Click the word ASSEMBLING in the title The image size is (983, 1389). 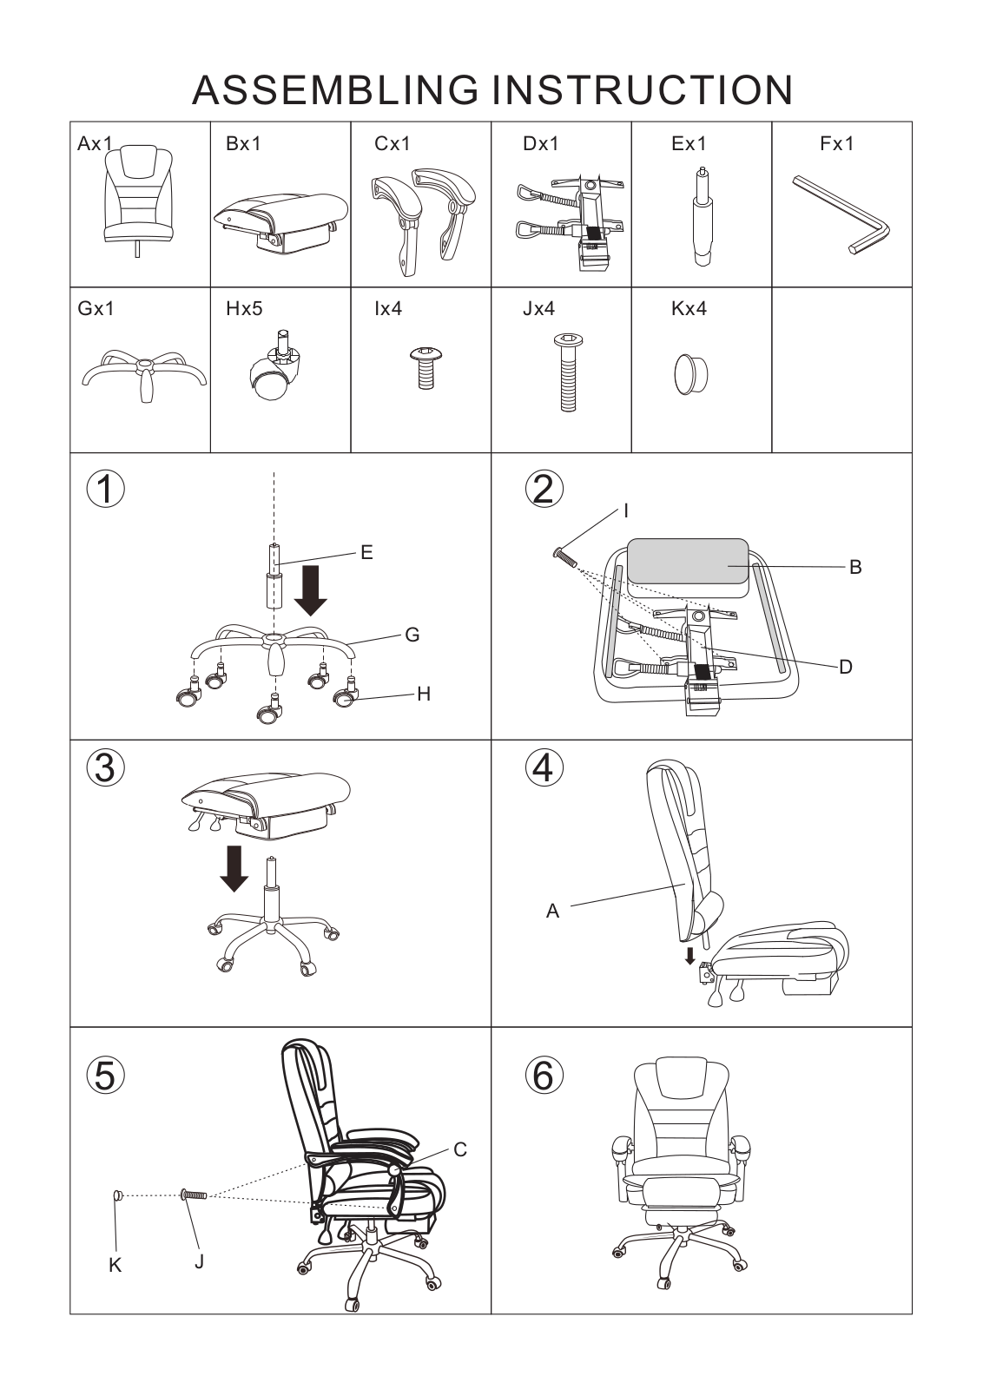335,90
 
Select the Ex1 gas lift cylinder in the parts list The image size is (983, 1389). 702,216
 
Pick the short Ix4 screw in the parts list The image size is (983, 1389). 426,368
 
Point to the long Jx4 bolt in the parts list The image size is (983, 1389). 568,372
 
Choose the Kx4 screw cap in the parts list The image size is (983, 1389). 690,374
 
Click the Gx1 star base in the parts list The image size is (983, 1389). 144,375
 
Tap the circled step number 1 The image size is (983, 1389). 105,489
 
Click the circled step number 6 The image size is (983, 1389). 544,1076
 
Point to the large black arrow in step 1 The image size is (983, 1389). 311,590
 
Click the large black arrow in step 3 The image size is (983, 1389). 234,868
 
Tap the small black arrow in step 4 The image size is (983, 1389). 689,957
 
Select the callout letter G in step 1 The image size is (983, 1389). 412,635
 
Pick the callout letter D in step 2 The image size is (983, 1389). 845,668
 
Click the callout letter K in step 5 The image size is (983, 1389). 115,1266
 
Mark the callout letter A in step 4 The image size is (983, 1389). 552,911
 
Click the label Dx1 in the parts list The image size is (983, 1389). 540,144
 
